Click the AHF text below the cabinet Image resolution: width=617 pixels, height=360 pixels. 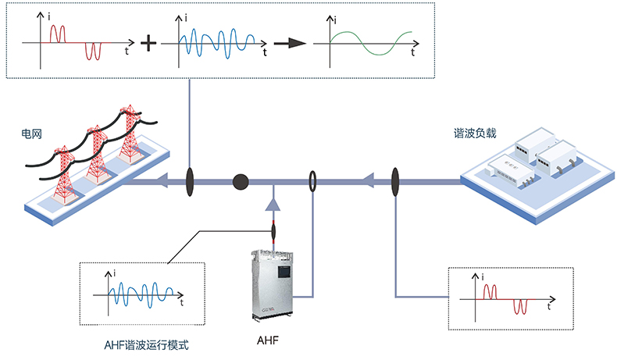(x=268, y=340)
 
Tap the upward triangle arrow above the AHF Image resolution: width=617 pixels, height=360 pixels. (x=273, y=205)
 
